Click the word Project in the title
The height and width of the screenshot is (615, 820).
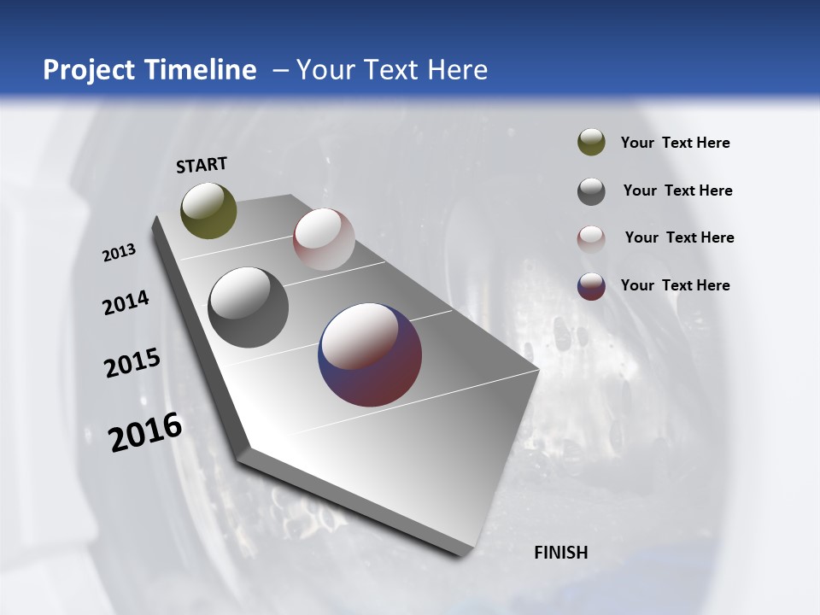coord(90,70)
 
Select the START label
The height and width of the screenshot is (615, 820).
coord(202,165)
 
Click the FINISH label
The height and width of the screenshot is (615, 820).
coord(561,553)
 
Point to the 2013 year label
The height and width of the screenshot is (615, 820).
coord(120,252)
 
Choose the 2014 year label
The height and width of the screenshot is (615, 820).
coord(126,302)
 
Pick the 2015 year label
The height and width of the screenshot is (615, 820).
coord(132,362)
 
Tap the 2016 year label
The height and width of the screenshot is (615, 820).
coord(145,431)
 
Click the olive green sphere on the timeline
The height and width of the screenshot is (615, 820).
coord(208,210)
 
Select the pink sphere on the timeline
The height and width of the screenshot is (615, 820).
coord(324,239)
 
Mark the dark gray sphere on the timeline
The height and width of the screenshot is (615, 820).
coord(249,307)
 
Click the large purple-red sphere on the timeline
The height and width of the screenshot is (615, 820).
coord(370,354)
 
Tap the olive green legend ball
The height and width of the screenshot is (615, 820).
coord(591,142)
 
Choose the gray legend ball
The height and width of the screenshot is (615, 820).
coord(591,191)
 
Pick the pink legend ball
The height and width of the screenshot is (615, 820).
coord(591,239)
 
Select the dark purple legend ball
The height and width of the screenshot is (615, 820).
coord(591,286)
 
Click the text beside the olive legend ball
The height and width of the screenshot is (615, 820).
coord(675,143)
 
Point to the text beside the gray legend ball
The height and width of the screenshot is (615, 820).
coord(677,190)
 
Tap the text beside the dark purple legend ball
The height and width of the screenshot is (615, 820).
coord(675,285)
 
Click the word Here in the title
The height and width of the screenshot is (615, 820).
coord(458,70)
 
